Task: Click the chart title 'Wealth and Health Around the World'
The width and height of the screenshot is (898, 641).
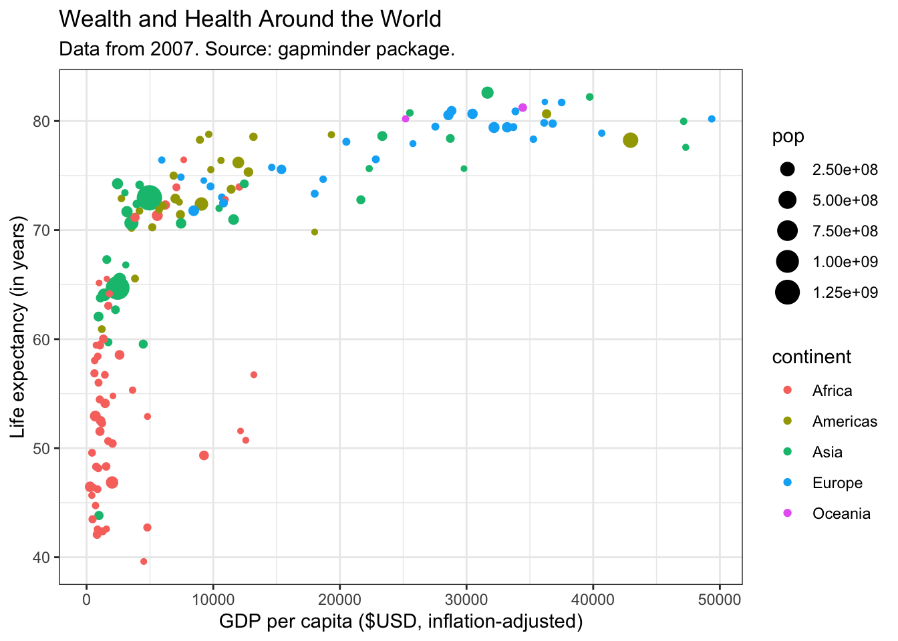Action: [250, 19]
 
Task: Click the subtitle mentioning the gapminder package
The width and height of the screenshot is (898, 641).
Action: [257, 49]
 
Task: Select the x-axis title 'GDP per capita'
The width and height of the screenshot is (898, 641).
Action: [401, 622]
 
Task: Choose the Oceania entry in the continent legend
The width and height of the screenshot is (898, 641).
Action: [841, 513]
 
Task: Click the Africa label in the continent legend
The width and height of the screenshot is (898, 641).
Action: [832, 391]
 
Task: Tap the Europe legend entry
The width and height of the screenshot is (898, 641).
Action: [837, 483]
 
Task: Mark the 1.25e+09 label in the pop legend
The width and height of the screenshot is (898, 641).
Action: [845, 292]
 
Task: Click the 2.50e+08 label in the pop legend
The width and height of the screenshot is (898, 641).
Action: [845, 170]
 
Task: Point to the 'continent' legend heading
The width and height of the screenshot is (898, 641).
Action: [811, 357]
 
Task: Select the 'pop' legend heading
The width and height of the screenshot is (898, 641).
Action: [788, 137]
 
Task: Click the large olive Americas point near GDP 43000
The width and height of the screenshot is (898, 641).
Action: [630, 140]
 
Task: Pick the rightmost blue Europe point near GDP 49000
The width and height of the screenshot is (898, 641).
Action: [712, 119]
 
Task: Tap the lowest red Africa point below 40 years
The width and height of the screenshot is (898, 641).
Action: [144, 562]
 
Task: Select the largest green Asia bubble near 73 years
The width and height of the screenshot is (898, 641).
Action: [149, 198]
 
